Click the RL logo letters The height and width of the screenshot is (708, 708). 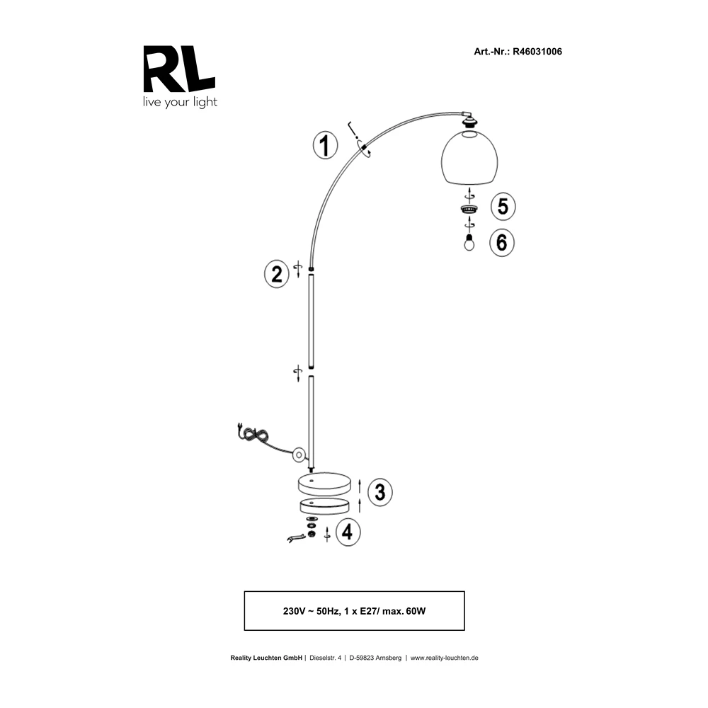click(x=179, y=69)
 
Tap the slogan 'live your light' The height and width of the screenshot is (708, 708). click(x=180, y=102)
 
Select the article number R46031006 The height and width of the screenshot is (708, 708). click(x=537, y=52)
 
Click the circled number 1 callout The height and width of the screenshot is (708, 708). click(x=325, y=145)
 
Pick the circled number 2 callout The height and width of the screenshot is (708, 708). click(x=276, y=275)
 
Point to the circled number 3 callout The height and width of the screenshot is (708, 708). click(x=379, y=492)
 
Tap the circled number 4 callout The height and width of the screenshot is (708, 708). click(x=348, y=532)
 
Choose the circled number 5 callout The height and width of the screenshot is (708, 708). click(x=503, y=207)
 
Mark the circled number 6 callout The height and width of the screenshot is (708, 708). click(x=502, y=243)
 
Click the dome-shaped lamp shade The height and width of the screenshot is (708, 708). click(x=469, y=157)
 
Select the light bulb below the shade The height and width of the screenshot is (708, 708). click(x=469, y=242)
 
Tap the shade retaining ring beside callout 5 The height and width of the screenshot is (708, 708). click(x=469, y=209)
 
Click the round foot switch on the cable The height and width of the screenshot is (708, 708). click(x=299, y=455)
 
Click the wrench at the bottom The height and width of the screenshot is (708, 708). click(x=296, y=537)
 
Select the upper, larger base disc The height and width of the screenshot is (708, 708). click(x=324, y=484)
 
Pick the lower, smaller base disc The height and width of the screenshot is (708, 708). click(x=324, y=507)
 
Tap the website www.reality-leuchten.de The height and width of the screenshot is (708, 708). click(x=445, y=658)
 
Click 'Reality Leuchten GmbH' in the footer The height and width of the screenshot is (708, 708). click(x=266, y=658)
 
